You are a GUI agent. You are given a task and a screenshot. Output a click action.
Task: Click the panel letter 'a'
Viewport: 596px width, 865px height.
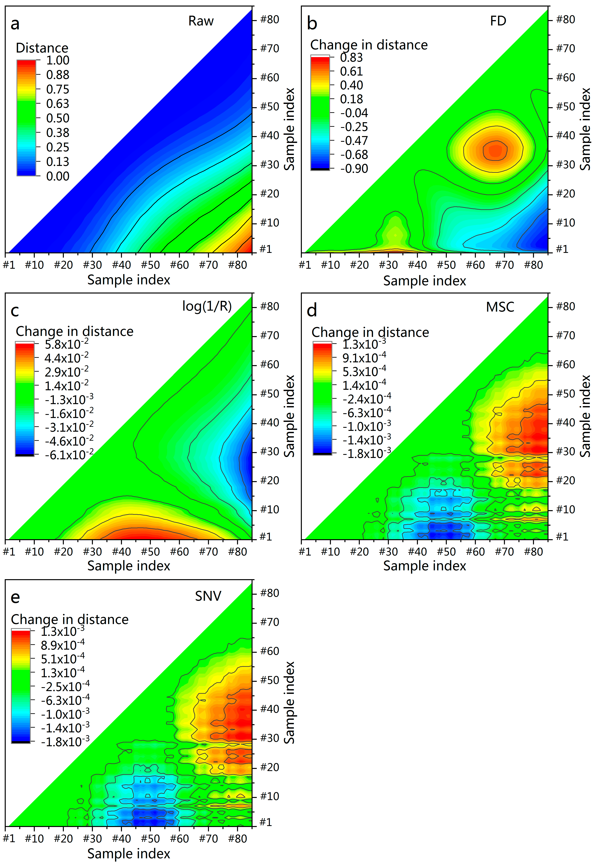click(15, 24)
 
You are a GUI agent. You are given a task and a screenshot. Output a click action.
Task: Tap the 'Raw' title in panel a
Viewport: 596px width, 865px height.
click(201, 21)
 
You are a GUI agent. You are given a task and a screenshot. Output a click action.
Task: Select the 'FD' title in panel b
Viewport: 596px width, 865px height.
click(498, 21)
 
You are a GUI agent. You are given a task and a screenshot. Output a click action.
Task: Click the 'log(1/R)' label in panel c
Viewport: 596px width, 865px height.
click(207, 306)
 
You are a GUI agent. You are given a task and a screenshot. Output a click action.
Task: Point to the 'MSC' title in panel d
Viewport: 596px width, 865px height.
click(500, 307)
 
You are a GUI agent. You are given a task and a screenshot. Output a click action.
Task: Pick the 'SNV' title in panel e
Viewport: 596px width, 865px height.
click(208, 596)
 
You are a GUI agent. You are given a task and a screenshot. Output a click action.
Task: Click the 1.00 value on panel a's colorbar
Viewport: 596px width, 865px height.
click(57, 60)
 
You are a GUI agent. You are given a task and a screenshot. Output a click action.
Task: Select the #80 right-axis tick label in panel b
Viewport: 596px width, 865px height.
click(565, 19)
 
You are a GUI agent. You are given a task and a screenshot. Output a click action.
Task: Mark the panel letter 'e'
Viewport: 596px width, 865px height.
click(15, 597)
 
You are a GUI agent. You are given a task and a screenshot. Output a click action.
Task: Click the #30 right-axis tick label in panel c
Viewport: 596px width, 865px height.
click(270, 452)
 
